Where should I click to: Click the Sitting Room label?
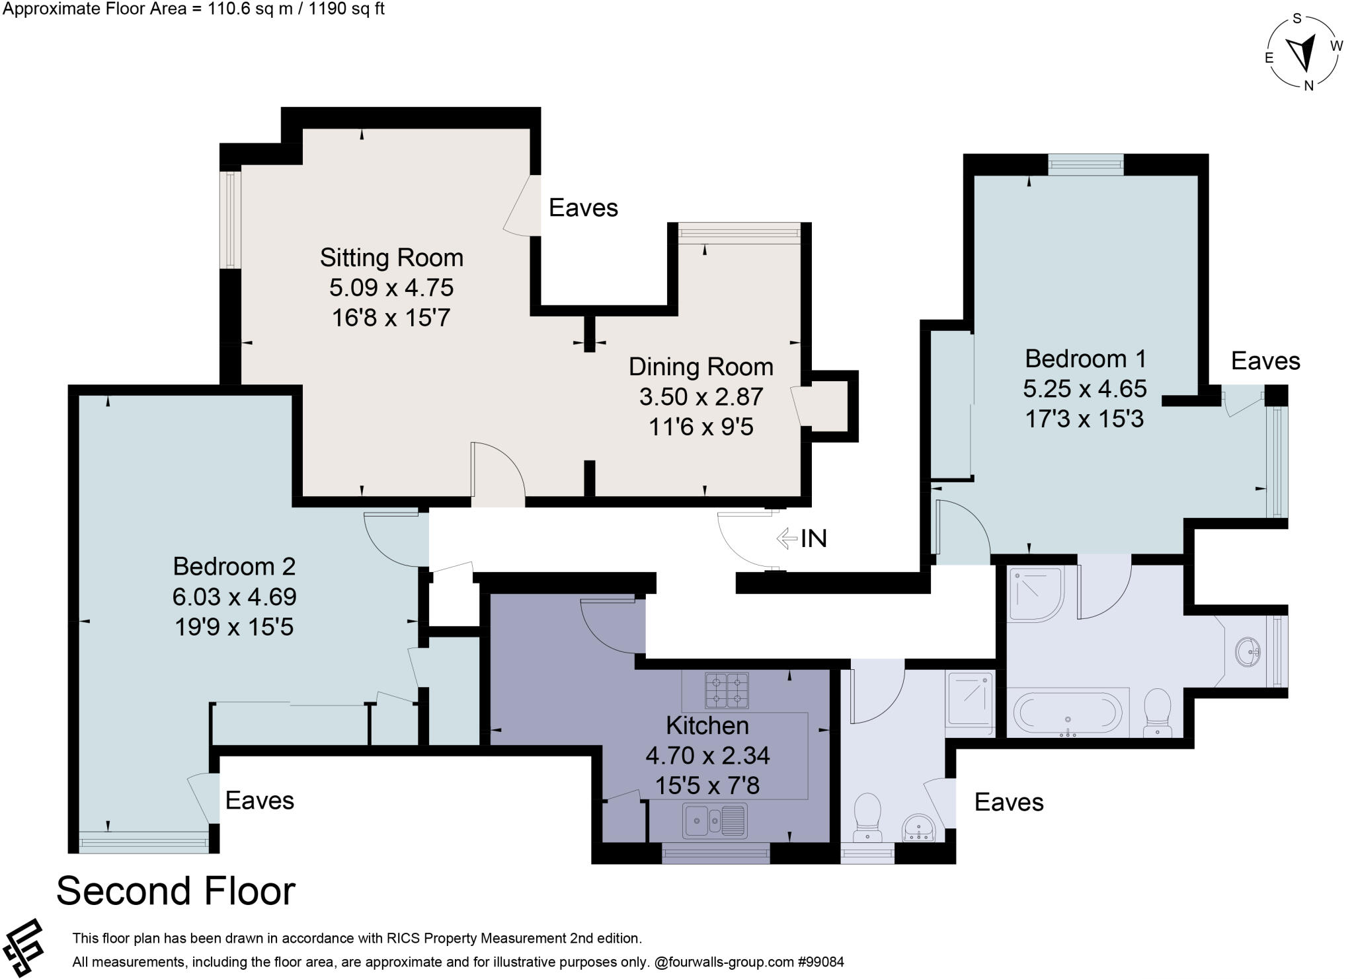pyautogui.click(x=391, y=257)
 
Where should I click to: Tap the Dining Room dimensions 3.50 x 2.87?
pyautogui.click(x=701, y=396)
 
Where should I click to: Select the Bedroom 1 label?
pyautogui.click(x=1085, y=358)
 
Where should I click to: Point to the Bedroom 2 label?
pyautogui.click(x=234, y=566)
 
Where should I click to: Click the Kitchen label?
pyautogui.click(x=707, y=725)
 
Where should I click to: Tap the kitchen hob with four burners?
pyautogui.click(x=727, y=690)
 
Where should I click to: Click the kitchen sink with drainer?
pyautogui.click(x=715, y=821)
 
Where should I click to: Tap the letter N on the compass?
pyautogui.click(x=1308, y=85)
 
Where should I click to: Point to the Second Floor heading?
pyautogui.click(x=176, y=890)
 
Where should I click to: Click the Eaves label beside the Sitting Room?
pyautogui.click(x=583, y=207)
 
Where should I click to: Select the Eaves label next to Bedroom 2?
pyautogui.click(x=260, y=800)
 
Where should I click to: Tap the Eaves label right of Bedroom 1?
pyautogui.click(x=1265, y=361)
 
